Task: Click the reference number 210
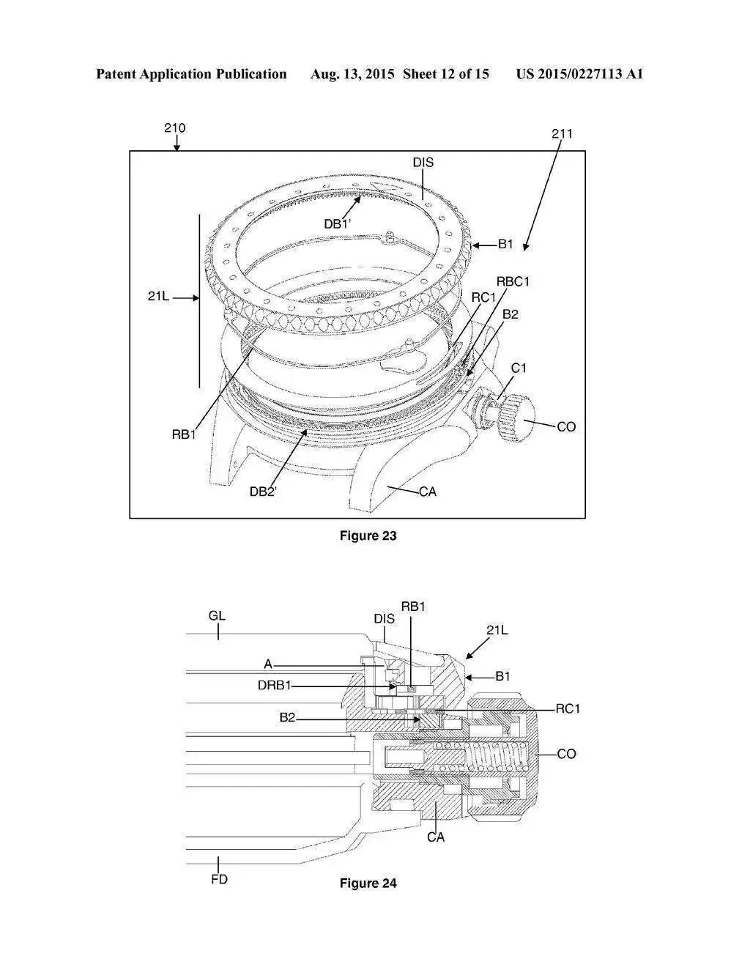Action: (174, 128)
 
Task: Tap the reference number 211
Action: (562, 134)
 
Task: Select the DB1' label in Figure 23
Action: (337, 224)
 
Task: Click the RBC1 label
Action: (513, 282)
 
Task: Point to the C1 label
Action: (519, 368)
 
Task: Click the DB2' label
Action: (263, 492)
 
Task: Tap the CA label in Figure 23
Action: (428, 492)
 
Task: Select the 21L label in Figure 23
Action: (158, 297)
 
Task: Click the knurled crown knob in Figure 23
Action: (513, 417)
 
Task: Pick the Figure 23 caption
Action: (368, 536)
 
